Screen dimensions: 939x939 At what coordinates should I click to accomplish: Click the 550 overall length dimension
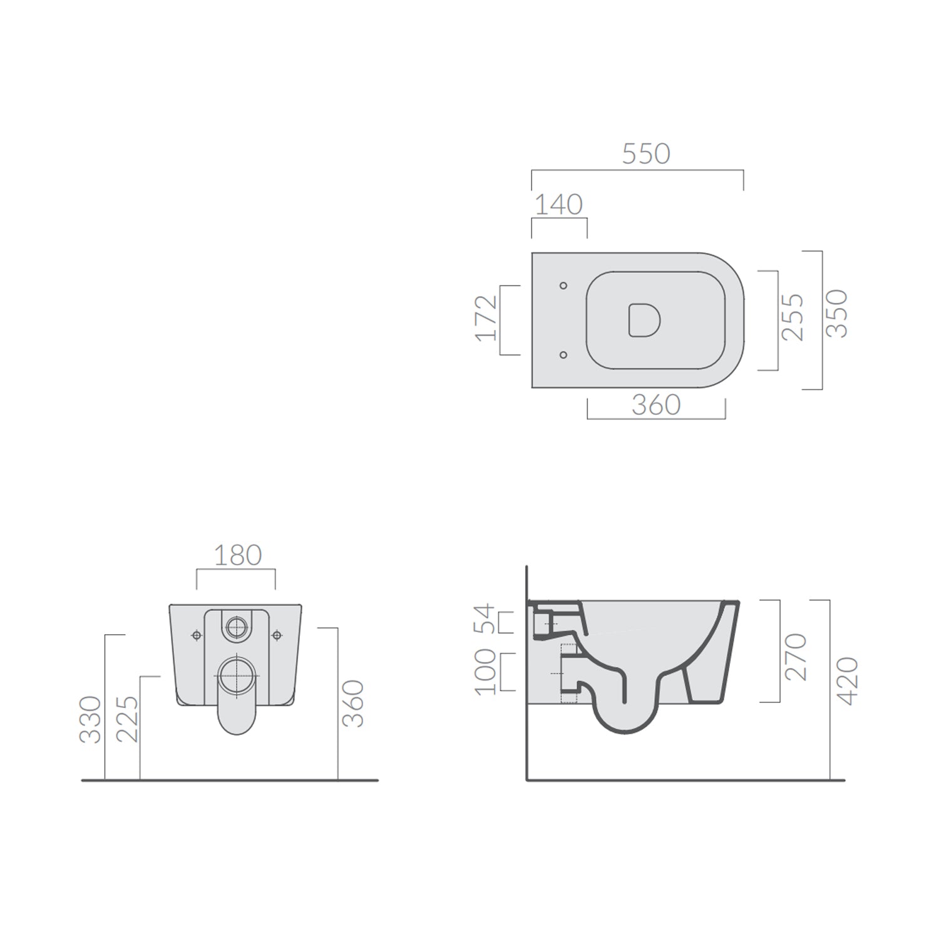pos(645,154)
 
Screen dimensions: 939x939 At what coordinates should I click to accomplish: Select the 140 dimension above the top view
pos(559,205)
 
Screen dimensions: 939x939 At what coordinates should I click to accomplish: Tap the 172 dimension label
pos(487,318)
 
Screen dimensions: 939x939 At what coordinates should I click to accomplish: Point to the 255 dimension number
pos(793,317)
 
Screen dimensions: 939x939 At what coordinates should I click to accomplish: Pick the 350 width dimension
pos(836,314)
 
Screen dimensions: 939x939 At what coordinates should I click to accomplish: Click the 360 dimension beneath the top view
pos(655,405)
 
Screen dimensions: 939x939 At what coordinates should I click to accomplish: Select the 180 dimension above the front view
pos(237,555)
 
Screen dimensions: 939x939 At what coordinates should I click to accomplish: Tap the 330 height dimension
pos(91,719)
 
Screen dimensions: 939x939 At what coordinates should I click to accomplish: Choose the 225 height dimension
pos(128,719)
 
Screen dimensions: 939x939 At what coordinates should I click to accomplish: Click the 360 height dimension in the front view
pos(354,704)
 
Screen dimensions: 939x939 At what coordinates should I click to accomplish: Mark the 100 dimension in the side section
pos(486,672)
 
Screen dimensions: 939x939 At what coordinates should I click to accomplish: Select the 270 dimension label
pos(796,657)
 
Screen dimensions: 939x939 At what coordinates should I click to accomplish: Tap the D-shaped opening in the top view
pos(644,320)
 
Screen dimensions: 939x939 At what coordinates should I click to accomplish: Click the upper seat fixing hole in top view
pos(563,285)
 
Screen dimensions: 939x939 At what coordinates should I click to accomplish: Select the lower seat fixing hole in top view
pos(563,355)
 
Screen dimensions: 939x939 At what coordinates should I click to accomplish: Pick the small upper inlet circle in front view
pos(237,627)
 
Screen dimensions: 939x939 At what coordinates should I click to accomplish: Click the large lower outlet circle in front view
pos(237,675)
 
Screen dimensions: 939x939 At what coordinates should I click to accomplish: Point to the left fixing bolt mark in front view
pos(197,635)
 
